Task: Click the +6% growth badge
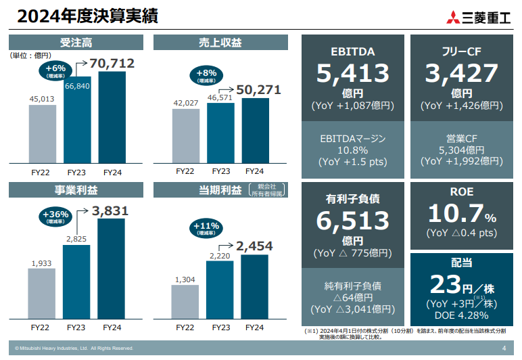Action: [x=56, y=71]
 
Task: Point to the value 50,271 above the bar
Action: [x=256, y=89]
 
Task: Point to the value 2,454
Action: [x=256, y=246]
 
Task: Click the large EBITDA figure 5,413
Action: [x=352, y=73]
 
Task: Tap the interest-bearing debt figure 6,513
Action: [x=352, y=221]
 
